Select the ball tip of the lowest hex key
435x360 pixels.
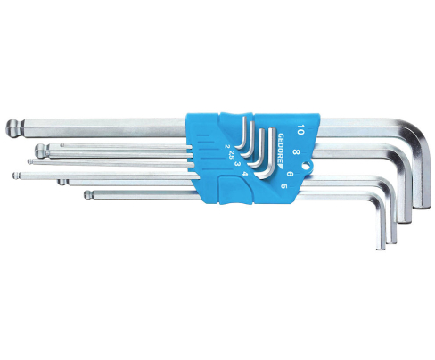86,192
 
